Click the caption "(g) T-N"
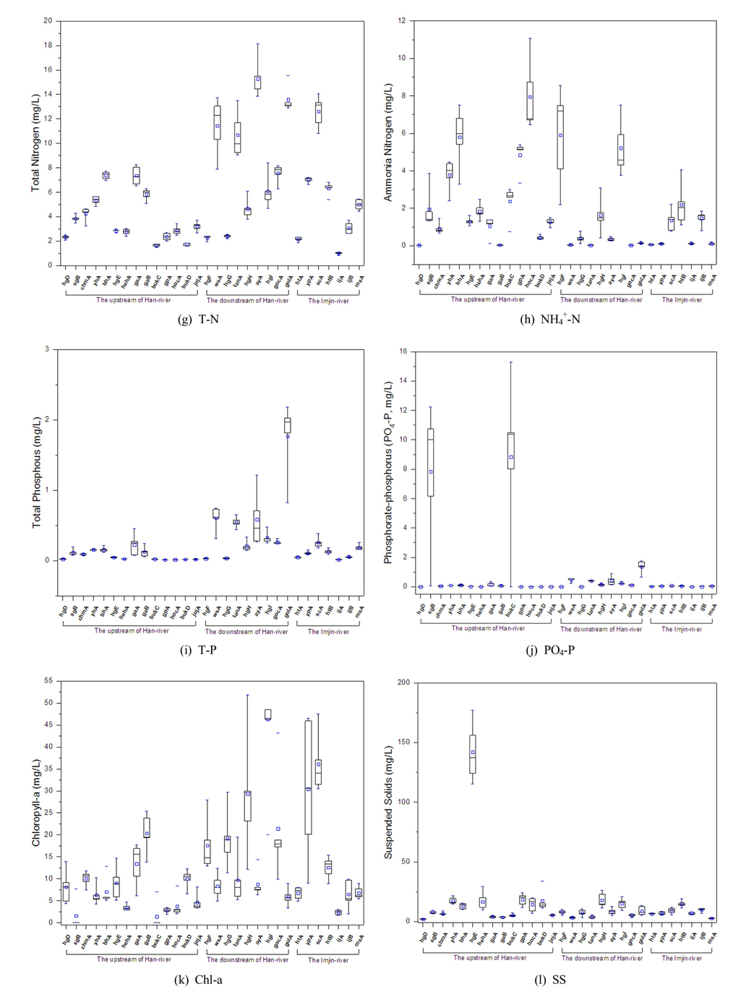click(198, 319)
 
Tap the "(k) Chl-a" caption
click(198, 980)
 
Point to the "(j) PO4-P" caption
click(550, 650)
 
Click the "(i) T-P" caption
click(198, 650)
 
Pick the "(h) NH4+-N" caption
click(550, 319)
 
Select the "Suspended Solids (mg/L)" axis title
click(388, 803)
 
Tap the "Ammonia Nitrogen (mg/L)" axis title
click(388, 142)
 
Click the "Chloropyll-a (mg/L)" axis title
click(35, 803)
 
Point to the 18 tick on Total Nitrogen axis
click(48, 45)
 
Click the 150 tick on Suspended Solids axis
click(403, 742)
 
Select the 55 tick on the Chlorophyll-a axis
click(48, 680)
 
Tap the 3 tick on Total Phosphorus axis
click(48, 349)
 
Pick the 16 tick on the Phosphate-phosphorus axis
click(403, 351)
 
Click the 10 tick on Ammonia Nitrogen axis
click(403, 59)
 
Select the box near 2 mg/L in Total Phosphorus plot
click(287, 425)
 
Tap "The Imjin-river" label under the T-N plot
click(328, 301)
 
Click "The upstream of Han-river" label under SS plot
click(489, 957)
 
